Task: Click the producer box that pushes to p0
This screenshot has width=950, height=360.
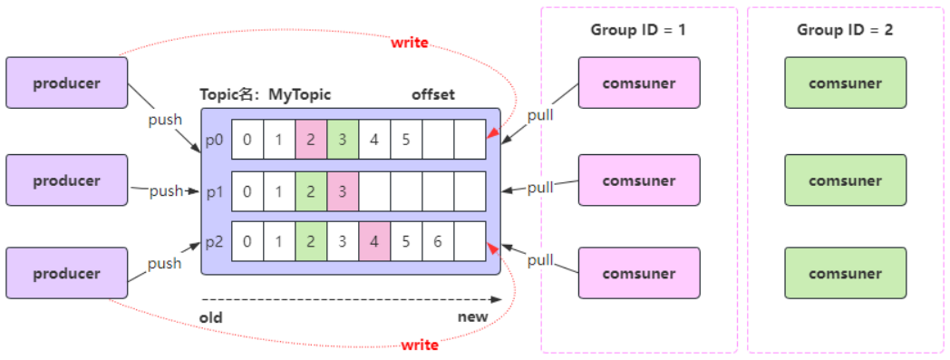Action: point(66,83)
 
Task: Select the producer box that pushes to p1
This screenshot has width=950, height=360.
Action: point(66,180)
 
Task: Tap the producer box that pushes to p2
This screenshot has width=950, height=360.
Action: point(66,273)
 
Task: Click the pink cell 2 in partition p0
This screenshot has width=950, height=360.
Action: point(311,141)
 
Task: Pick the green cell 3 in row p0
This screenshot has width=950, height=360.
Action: point(343,141)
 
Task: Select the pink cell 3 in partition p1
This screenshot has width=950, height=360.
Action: point(343,191)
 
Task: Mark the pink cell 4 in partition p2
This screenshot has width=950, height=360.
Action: point(374,242)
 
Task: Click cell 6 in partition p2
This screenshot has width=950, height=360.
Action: point(438,242)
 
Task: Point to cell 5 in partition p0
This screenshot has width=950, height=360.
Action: point(406,141)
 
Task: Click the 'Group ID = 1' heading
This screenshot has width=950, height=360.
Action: point(638,30)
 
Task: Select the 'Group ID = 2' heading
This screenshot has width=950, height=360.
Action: point(845,30)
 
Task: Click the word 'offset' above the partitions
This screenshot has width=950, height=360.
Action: point(433,94)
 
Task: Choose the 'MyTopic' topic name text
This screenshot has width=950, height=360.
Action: point(300,94)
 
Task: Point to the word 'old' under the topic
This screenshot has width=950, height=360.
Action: point(211,317)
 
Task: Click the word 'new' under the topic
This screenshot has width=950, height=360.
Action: point(472,317)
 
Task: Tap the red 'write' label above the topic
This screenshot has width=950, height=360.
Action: point(409,42)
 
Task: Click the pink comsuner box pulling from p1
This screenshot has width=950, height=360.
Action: point(639,180)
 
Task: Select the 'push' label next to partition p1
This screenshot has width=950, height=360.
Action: point(166,191)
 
